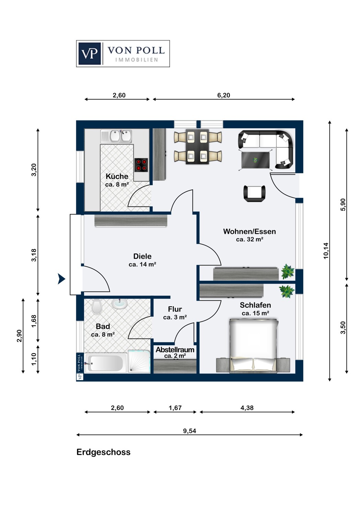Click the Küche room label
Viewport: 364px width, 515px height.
coord(117,176)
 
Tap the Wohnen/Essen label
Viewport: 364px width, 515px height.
coord(250,231)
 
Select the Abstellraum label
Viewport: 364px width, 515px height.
coord(175,350)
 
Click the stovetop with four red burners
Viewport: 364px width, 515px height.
coord(141,165)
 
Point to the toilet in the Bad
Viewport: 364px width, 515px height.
coord(96,307)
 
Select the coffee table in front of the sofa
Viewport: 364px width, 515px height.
coord(255,160)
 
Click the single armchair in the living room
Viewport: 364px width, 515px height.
coord(254,193)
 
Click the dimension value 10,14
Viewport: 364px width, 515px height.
coord(326,251)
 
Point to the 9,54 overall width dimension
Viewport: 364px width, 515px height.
coord(190,431)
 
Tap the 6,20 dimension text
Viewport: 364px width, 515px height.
coord(224,95)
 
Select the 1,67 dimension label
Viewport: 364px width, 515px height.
coord(175,408)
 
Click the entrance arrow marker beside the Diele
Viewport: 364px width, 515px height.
coord(61,279)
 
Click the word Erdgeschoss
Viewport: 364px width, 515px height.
coord(103,452)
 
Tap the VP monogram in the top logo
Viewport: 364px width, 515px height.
coord(90,54)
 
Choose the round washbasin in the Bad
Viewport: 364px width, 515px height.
coord(120,304)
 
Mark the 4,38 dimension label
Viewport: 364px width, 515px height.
coord(247,408)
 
